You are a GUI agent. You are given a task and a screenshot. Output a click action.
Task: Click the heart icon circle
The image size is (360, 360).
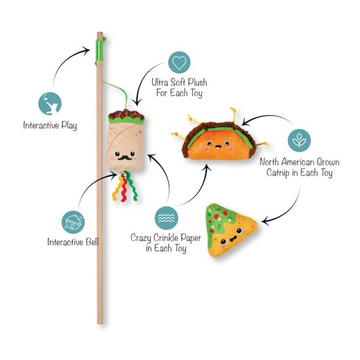pyautogui.click(x=179, y=62)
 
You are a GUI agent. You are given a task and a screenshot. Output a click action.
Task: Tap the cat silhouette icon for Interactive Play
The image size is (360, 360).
pyautogui.click(x=50, y=103)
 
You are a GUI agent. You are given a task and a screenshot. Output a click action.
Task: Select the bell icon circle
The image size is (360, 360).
pyautogui.click(x=73, y=222)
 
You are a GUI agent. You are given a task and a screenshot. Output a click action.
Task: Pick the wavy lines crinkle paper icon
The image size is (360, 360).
pyautogui.click(x=166, y=218)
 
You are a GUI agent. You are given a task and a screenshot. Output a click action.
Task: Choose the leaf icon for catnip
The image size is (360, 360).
pyautogui.click(x=299, y=140)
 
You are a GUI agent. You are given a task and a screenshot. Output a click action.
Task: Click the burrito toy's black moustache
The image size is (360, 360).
pyautogui.click(x=124, y=158)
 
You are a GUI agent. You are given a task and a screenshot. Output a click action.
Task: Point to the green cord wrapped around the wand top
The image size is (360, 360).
pyautogui.click(x=100, y=51)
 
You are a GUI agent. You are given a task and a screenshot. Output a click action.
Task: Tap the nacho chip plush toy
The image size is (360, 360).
pyautogui.click(x=231, y=230)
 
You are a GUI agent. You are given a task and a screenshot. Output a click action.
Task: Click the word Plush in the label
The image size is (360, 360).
pyautogui.click(x=198, y=82)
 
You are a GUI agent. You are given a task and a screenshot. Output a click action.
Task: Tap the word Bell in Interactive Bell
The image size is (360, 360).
pyautogui.click(x=92, y=242)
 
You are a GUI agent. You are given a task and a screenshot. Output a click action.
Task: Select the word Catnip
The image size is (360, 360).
pyautogui.click(x=278, y=172)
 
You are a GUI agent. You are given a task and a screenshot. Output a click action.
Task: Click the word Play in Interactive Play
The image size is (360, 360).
pyautogui.click(x=69, y=126)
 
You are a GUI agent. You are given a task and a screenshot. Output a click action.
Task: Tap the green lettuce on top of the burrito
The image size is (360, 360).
pyautogui.click(x=126, y=120)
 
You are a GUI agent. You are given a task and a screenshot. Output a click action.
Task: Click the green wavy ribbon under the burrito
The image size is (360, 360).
pyautogui.click(x=132, y=186)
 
